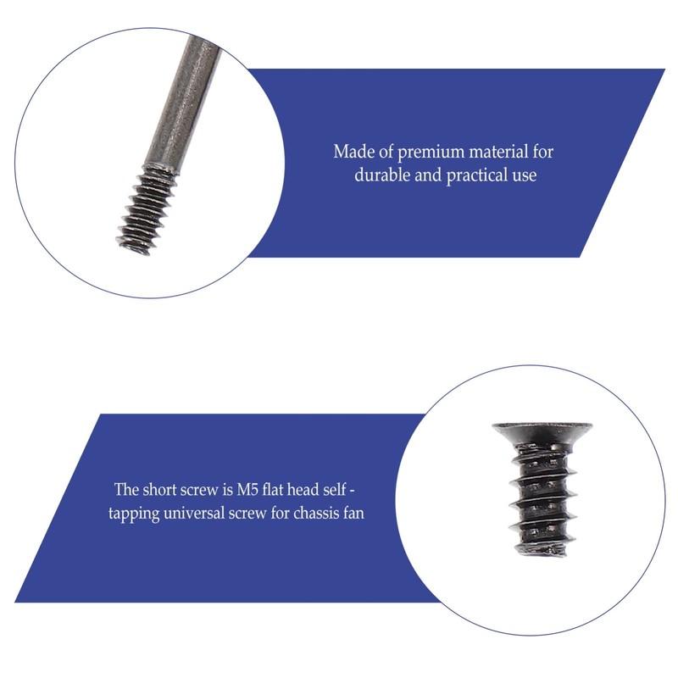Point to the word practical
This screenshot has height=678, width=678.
(479, 176)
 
